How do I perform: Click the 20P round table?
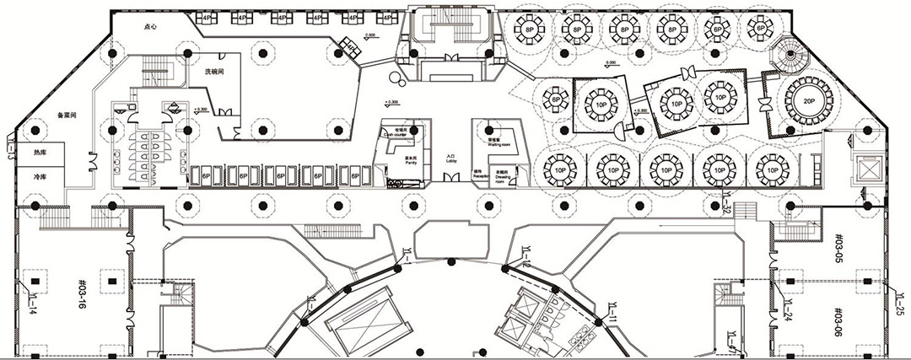point(807,99)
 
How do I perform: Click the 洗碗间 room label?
point(214,73)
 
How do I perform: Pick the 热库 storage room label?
point(40,154)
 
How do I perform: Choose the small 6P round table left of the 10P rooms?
point(556,99)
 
